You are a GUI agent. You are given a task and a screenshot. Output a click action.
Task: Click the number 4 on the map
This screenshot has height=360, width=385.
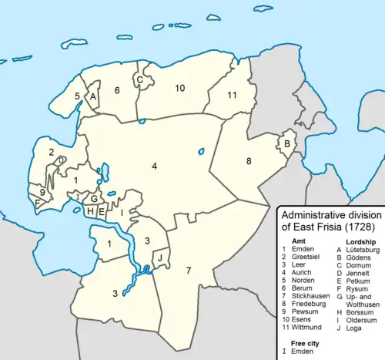pos(154,166)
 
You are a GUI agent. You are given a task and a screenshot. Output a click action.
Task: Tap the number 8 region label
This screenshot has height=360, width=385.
pos(249,161)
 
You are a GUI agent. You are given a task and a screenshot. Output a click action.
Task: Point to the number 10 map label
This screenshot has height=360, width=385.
pos(179,89)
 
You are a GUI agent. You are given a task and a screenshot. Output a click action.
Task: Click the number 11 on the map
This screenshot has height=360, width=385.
pos(232,95)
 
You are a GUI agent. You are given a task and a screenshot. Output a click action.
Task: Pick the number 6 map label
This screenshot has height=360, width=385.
pos(117,91)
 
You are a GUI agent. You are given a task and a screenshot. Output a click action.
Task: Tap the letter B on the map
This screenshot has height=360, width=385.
pos(286,143)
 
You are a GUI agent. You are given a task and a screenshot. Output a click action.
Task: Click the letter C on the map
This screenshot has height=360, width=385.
pos(139,79)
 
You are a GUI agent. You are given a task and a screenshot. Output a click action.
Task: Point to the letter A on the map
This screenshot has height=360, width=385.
pos(92,97)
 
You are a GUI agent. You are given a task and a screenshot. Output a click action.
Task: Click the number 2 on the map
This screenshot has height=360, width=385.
pos(52,153)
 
